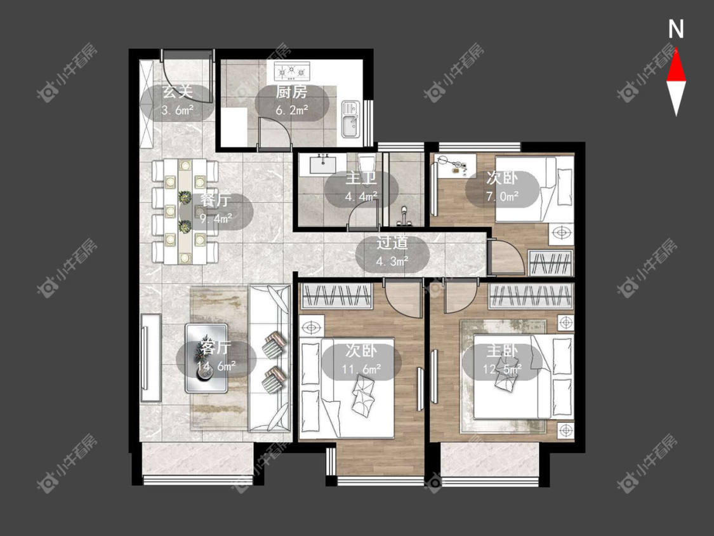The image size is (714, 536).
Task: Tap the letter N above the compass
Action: [676, 29]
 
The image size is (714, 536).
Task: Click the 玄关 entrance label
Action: [178, 92]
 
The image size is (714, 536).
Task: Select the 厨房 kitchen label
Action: [291, 92]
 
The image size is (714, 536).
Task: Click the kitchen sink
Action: [350, 119]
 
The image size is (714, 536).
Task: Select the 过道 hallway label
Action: [392, 243]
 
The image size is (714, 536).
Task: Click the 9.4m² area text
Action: [216, 218]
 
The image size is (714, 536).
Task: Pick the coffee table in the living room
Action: [206, 358]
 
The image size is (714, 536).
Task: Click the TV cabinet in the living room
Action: [151, 358]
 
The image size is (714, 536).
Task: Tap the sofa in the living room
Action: [270, 358]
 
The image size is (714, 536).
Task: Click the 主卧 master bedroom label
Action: [502, 351]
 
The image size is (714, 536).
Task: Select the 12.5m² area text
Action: [502, 369]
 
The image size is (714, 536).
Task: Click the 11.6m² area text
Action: [362, 369]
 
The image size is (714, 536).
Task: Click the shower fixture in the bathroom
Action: [404, 217]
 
